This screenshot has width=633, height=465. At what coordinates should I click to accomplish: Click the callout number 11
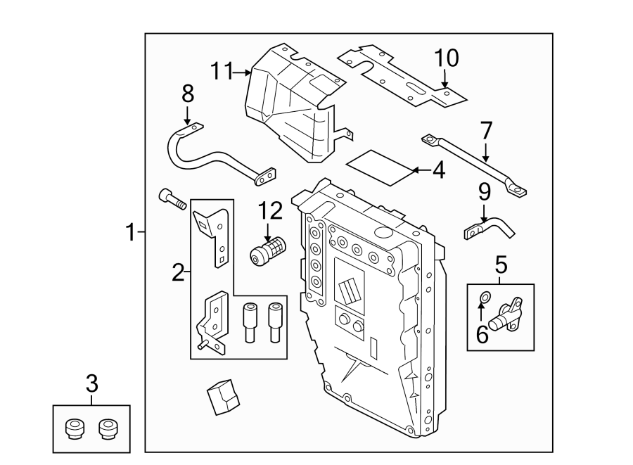pyautogui.click(x=222, y=70)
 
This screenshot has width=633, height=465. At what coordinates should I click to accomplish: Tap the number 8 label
pyautogui.click(x=187, y=93)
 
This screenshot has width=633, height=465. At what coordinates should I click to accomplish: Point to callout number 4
pyautogui.click(x=438, y=170)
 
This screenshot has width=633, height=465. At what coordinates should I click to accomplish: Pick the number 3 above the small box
pyautogui.click(x=91, y=384)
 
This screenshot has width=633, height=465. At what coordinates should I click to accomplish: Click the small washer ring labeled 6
pyautogui.click(x=482, y=298)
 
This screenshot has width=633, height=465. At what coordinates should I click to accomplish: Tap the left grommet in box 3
pyautogui.click(x=74, y=428)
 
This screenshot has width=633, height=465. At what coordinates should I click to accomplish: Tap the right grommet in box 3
pyautogui.click(x=108, y=428)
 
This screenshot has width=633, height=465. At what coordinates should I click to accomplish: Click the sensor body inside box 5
pyautogui.click(x=508, y=314)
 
